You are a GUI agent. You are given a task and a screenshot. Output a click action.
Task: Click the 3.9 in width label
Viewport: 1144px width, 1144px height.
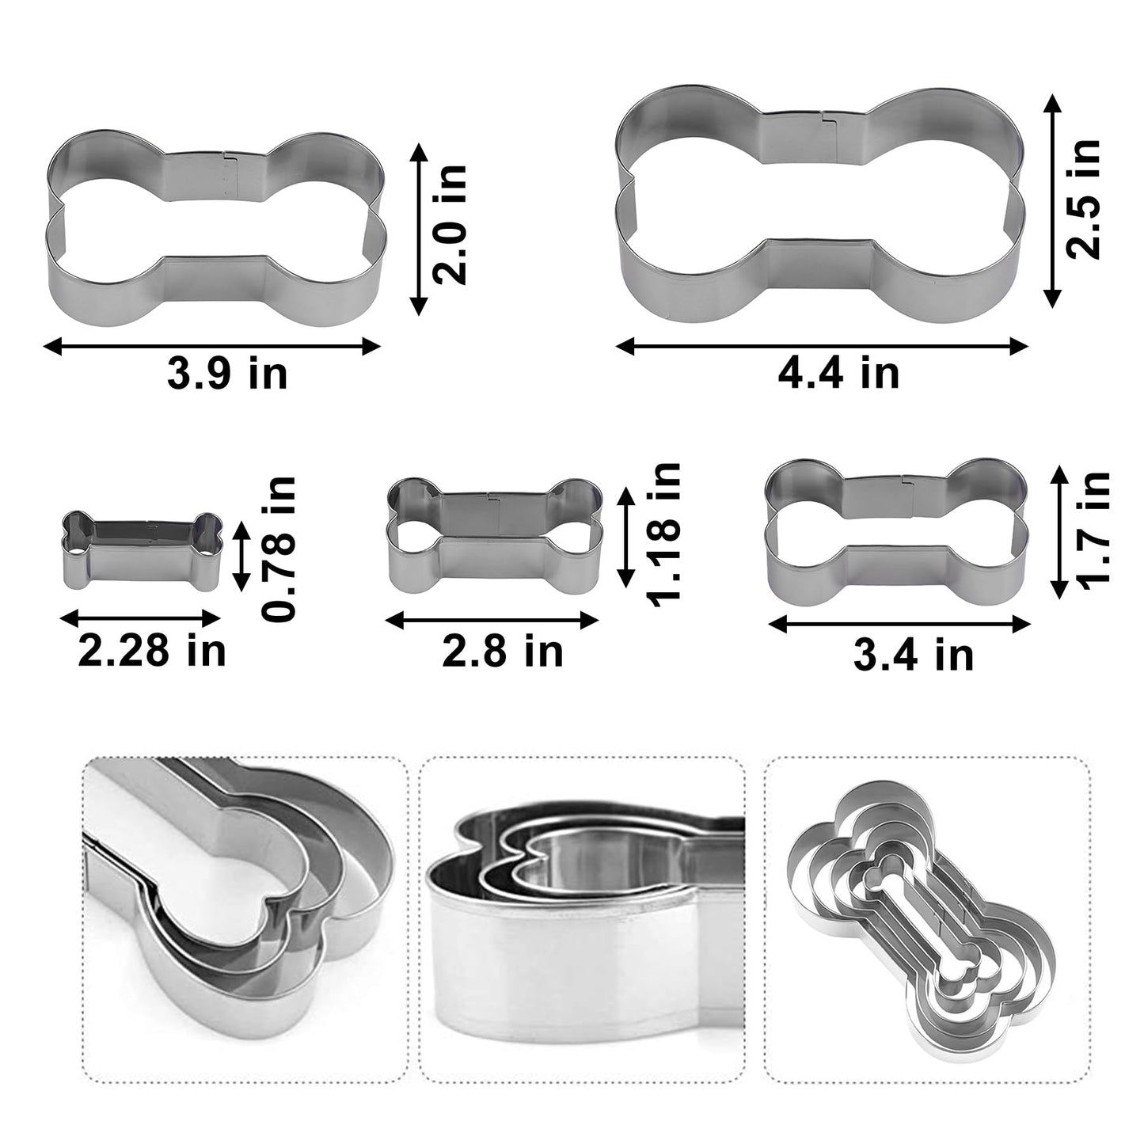227,374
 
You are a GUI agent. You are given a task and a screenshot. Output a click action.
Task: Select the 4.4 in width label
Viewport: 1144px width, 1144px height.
839,373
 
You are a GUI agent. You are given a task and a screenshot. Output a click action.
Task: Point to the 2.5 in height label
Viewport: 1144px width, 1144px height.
1084,200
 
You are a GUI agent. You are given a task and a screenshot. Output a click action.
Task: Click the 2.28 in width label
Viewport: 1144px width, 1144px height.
152,651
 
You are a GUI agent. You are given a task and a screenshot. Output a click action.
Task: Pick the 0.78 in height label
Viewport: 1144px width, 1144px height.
281,549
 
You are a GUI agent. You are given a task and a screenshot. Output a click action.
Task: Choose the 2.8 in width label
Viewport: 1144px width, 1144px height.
503,651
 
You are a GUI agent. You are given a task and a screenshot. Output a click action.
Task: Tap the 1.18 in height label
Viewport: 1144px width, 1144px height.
663,535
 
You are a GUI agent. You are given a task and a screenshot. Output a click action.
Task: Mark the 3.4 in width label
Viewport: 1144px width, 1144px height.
914,655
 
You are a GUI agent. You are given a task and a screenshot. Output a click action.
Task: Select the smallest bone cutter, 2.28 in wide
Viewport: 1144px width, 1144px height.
141,549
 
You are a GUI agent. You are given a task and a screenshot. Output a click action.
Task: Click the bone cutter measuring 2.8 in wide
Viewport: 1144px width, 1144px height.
495,535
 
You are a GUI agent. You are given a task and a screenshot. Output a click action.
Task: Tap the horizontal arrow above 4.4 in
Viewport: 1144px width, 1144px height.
822,346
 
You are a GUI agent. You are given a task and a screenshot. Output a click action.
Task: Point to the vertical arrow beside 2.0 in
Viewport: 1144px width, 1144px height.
418,229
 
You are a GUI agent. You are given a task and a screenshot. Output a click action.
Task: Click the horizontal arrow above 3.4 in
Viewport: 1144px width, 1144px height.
900,624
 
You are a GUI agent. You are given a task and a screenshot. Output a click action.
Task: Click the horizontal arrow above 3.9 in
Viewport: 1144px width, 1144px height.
211,346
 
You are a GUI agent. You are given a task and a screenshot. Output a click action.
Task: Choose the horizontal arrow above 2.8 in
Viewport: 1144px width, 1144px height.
491,621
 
